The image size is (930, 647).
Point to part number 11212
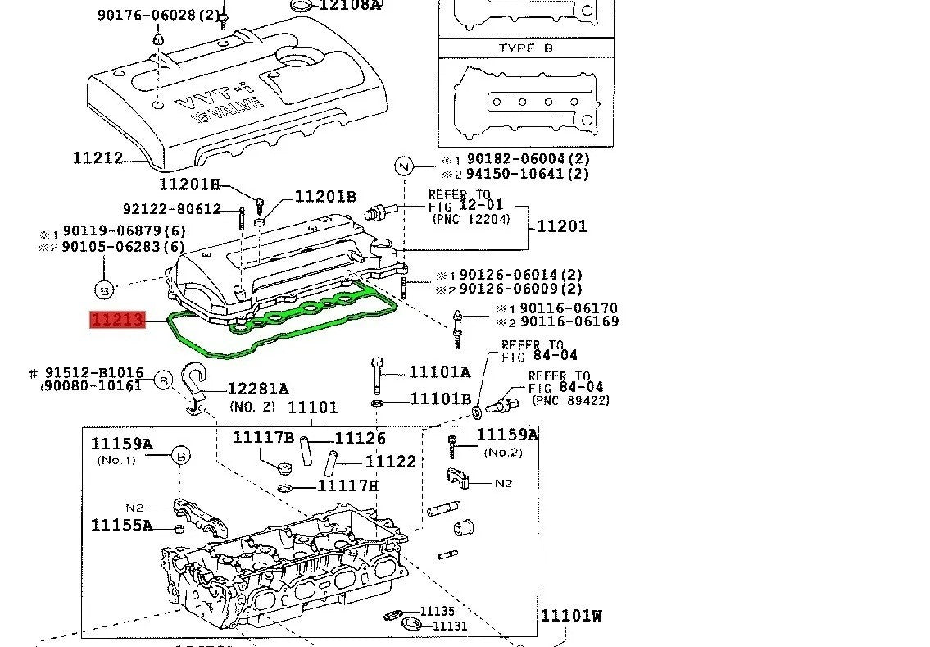[98, 158]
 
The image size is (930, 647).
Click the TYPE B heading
[525, 48]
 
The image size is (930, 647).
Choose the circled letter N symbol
[403, 166]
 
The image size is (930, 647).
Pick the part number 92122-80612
[172, 209]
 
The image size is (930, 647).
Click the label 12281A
[257, 389]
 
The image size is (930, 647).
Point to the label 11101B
[440, 399]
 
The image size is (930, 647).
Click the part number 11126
[360, 439]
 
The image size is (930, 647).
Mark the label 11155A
[121, 525]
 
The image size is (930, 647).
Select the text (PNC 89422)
[570, 401]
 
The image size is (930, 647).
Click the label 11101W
[570, 616]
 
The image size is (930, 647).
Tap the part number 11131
[450, 626]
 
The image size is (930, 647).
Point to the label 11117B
[263, 438]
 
